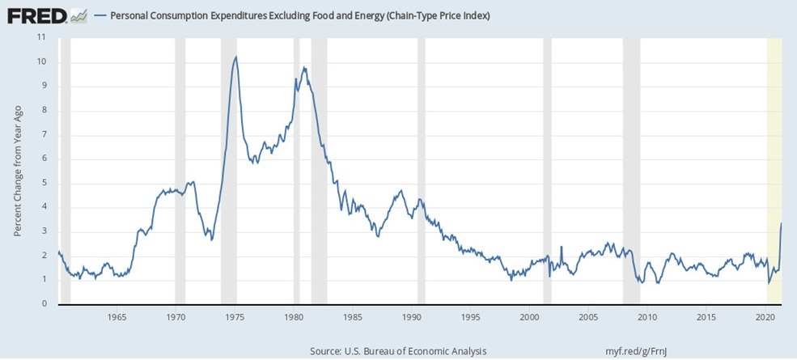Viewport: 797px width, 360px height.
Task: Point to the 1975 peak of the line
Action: [235, 57]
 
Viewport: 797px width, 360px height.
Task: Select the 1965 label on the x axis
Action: [117, 316]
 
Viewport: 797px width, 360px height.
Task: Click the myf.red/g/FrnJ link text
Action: [642, 352]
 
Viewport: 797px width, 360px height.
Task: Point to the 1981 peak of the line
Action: [304, 68]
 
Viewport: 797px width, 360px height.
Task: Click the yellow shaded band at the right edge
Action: [774, 170]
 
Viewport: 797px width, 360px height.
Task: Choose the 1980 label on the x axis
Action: [294, 316]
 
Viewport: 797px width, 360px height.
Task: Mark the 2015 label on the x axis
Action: [707, 316]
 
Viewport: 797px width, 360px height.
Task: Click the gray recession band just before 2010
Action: [631, 170]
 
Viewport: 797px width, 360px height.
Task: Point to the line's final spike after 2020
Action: [781, 223]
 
